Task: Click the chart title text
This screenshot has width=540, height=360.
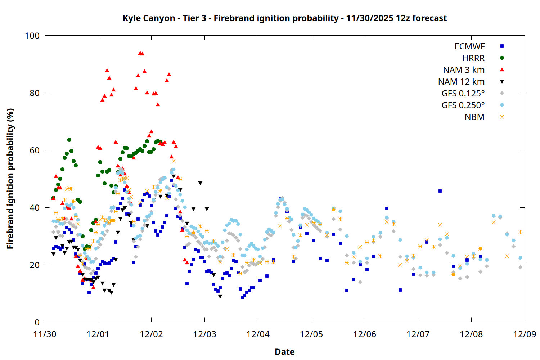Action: click(284, 18)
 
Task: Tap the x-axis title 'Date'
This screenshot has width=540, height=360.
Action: click(284, 352)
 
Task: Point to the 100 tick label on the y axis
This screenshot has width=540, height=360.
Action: click(32, 36)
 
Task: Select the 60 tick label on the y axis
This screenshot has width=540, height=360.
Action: click(35, 150)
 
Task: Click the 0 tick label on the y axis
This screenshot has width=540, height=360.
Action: click(37, 322)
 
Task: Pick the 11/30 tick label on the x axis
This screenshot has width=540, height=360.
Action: click(45, 334)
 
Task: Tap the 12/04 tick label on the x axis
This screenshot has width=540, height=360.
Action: click(258, 334)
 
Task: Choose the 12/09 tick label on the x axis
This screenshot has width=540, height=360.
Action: click(525, 334)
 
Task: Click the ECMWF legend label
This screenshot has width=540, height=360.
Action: click(469, 46)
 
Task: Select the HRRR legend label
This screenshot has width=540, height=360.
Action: click(473, 58)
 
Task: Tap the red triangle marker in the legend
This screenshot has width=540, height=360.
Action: click(502, 70)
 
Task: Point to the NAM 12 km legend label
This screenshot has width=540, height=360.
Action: click(461, 82)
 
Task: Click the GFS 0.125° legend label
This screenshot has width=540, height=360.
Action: click(463, 94)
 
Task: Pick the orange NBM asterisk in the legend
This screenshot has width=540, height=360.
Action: click(502, 117)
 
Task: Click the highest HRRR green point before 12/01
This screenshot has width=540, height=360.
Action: click(69, 140)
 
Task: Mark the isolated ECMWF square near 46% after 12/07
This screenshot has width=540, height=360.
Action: click(440, 191)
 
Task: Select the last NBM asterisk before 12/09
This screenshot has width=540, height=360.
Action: click(520, 232)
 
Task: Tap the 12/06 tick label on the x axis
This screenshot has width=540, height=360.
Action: click(365, 334)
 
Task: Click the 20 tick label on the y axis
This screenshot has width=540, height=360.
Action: click(35, 265)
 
